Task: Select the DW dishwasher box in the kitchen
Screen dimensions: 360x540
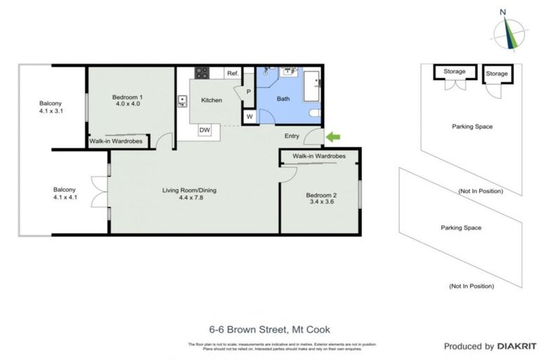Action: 205,130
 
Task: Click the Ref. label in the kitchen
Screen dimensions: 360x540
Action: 232,72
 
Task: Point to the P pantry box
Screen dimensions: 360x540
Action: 248,91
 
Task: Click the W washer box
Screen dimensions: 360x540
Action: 249,116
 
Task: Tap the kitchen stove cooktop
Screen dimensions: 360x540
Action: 202,72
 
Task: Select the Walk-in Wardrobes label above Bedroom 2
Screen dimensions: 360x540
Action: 321,155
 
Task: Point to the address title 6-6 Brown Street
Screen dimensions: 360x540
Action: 269,329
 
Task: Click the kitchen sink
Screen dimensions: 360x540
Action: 183,99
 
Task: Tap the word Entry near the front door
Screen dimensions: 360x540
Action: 292,136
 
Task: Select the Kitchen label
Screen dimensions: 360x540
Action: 212,100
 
